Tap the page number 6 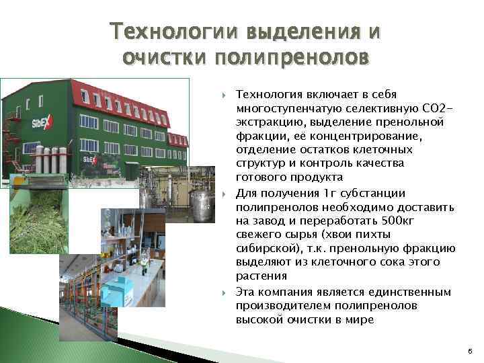(469, 351)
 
